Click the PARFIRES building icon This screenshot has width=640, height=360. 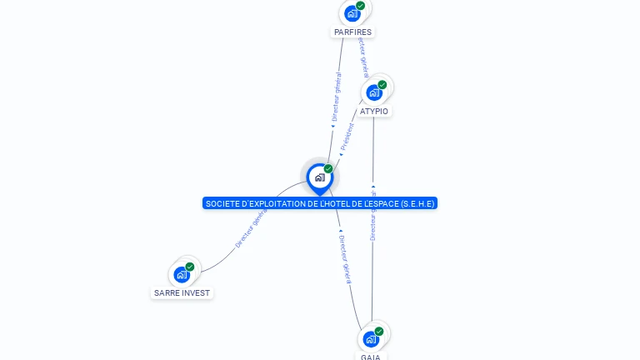point(352,13)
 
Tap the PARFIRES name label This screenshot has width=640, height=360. point(352,32)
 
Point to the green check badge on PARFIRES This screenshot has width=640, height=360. point(360,6)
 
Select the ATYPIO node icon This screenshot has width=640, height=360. point(374,92)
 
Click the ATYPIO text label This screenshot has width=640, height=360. point(374,111)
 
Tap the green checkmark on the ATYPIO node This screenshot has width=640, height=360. point(382,85)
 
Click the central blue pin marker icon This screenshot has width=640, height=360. point(319,177)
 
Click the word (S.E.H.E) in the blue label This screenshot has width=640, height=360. point(417,203)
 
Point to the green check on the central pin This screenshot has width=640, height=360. point(328,169)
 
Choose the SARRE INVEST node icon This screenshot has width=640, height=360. point(182,274)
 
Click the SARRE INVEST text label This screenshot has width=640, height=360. point(182,292)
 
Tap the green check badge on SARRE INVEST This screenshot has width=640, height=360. point(190,267)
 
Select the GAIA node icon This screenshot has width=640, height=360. point(371,339)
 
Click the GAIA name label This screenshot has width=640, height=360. point(371,357)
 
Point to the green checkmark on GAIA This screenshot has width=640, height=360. point(379,332)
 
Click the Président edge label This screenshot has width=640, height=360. point(347,137)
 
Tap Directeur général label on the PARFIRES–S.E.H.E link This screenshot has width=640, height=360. point(336,98)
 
